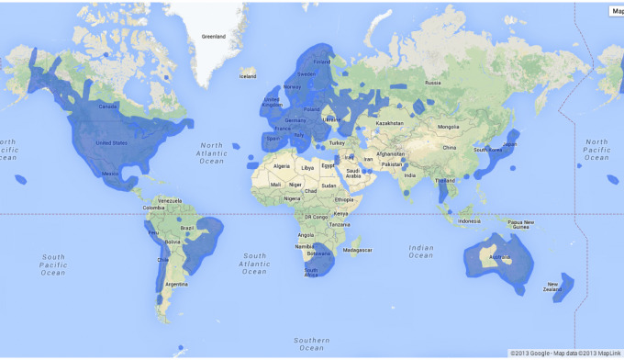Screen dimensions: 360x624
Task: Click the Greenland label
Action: click(213, 37)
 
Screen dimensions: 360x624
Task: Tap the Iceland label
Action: click(248, 76)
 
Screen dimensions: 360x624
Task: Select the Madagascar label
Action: click(359, 249)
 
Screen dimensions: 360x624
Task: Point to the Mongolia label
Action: click(448, 127)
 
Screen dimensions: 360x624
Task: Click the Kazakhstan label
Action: click(390, 123)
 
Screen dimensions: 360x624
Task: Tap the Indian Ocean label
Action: click(422, 251)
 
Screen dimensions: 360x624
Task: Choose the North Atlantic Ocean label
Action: click(211, 152)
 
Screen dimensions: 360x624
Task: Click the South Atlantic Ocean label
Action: click(254, 264)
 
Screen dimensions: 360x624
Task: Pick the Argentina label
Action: click(176, 285)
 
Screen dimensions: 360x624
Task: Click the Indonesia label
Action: click(471, 221)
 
